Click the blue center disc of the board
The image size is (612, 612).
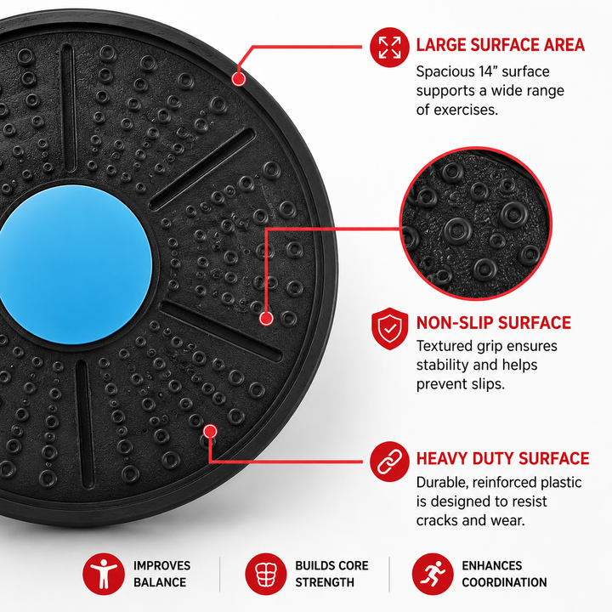(x=75, y=264)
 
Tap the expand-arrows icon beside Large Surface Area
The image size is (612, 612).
(x=389, y=48)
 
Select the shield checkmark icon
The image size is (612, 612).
(x=389, y=329)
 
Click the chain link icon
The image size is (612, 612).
(x=389, y=462)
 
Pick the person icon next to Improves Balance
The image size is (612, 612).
(x=104, y=574)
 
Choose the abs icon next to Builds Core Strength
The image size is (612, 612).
(x=266, y=574)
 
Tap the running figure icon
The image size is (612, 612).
(x=433, y=574)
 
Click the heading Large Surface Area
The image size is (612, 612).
(x=501, y=45)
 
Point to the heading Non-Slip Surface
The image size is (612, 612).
(x=494, y=323)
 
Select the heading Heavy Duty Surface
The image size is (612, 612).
(x=502, y=459)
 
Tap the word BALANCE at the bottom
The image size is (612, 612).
(x=160, y=582)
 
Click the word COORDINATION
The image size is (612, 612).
(x=504, y=582)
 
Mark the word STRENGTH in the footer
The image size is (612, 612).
(x=325, y=582)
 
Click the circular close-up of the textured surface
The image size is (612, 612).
(x=476, y=224)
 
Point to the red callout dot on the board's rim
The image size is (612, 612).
(x=239, y=79)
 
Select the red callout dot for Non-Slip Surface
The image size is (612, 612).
(x=266, y=319)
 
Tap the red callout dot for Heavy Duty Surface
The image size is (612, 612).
(x=211, y=431)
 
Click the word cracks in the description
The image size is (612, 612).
(x=436, y=521)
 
